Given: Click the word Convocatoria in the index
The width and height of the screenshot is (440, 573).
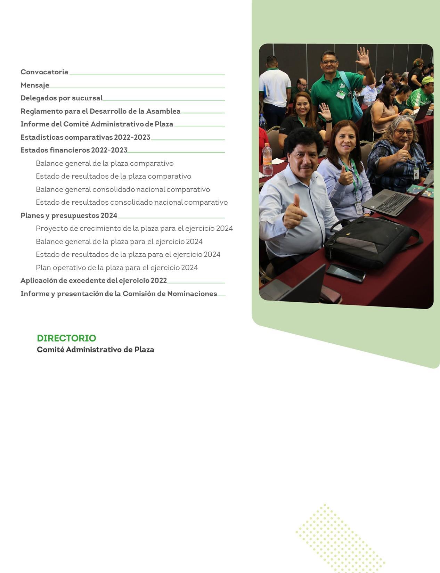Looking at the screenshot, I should tap(44, 72).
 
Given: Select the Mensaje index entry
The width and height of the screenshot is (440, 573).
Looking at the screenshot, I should tap(35, 85).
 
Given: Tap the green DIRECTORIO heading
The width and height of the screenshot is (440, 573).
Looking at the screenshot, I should tap(66, 338).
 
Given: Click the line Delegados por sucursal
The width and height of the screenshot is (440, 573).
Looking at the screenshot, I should tap(62, 98).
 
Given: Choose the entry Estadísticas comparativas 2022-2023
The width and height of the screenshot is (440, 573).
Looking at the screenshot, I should tap(85, 137).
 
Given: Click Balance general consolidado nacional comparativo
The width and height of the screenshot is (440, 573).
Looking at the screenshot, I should tap(123, 189).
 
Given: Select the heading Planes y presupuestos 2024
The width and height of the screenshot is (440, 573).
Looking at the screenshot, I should tap(69, 215).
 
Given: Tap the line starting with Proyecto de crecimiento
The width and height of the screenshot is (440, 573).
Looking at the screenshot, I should tap(134, 228).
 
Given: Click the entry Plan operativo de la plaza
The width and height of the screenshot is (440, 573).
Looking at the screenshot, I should tap(117, 268).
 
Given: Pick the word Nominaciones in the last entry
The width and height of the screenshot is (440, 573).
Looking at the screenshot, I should tap(192, 294).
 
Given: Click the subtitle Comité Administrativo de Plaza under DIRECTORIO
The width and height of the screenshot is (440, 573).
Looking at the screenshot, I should tap(96, 350).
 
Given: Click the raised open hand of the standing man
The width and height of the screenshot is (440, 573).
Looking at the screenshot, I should tap(362, 57).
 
